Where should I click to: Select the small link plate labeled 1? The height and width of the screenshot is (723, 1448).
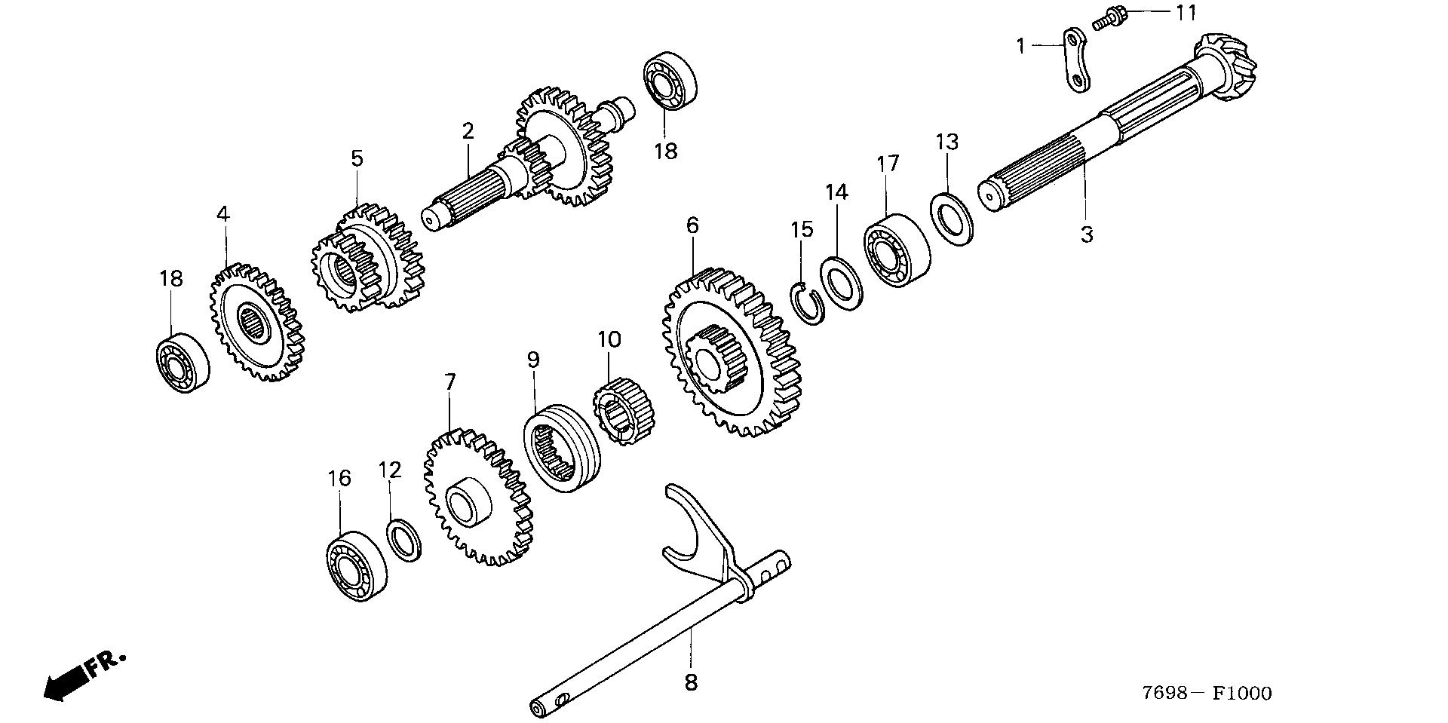1075,61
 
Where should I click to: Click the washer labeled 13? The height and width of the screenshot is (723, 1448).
953,219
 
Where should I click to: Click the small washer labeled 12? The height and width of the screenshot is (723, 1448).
405,540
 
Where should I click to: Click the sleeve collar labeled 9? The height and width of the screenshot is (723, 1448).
563,449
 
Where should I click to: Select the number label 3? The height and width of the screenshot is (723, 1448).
1086,234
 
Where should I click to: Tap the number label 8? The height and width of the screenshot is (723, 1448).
691,682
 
